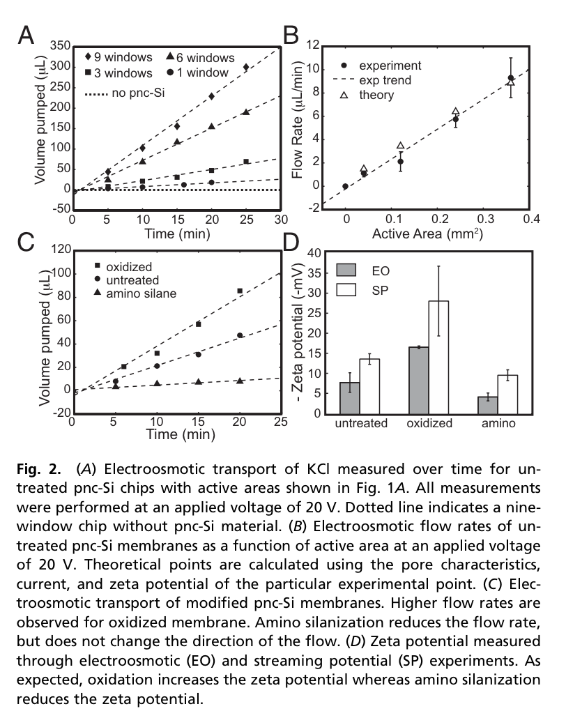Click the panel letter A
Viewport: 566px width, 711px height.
coord(26,35)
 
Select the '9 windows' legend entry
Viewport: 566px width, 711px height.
coord(118,57)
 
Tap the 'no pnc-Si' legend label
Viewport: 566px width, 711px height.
coord(125,93)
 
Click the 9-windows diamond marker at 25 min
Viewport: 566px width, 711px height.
coord(246,67)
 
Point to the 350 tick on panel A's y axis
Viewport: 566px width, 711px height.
coord(61,45)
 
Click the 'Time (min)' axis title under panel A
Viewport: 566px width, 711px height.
coord(177,234)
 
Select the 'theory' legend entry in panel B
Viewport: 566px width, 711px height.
coord(367,95)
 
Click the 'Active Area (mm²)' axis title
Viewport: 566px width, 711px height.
coord(427,233)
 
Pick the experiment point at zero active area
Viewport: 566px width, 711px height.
coord(345,186)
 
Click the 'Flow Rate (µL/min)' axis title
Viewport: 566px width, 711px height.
coord(297,120)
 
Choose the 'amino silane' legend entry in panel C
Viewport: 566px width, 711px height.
coord(135,293)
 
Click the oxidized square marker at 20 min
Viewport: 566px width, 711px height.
coord(240,291)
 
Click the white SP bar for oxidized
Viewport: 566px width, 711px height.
coord(438,358)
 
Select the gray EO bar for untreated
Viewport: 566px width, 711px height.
coord(350,398)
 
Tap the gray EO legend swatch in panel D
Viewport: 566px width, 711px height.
coord(346,270)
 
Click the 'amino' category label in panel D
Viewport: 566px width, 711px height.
coord(498,423)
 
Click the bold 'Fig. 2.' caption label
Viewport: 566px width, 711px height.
coord(38,469)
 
